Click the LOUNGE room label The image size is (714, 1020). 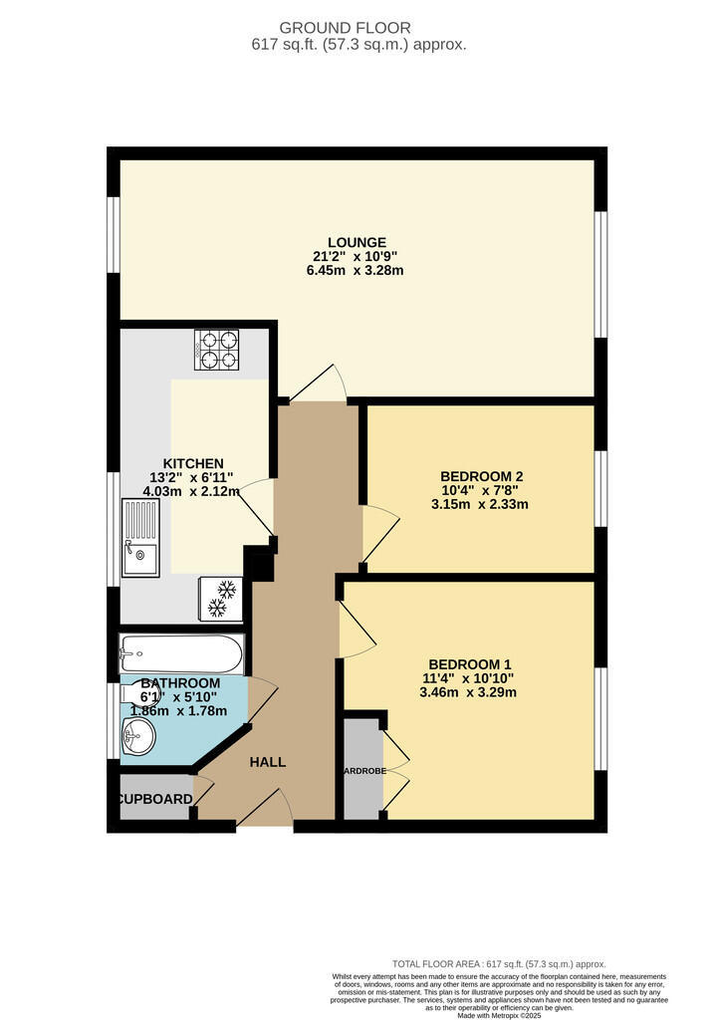[357, 242]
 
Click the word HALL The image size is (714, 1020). [268, 762]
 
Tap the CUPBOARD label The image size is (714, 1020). [155, 799]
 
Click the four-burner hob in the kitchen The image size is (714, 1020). [219, 349]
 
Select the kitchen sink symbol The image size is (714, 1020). [140, 538]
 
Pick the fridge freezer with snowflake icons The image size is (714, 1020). [222, 598]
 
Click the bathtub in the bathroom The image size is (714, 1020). [180, 654]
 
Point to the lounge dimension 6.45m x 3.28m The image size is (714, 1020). [357, 270]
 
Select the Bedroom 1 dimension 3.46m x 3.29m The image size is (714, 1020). [470, 692]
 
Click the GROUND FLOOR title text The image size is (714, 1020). [357, 28]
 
